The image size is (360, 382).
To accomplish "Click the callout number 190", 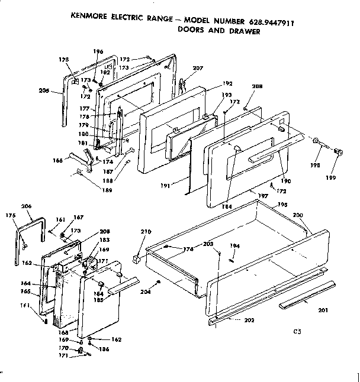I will (285, 180).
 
